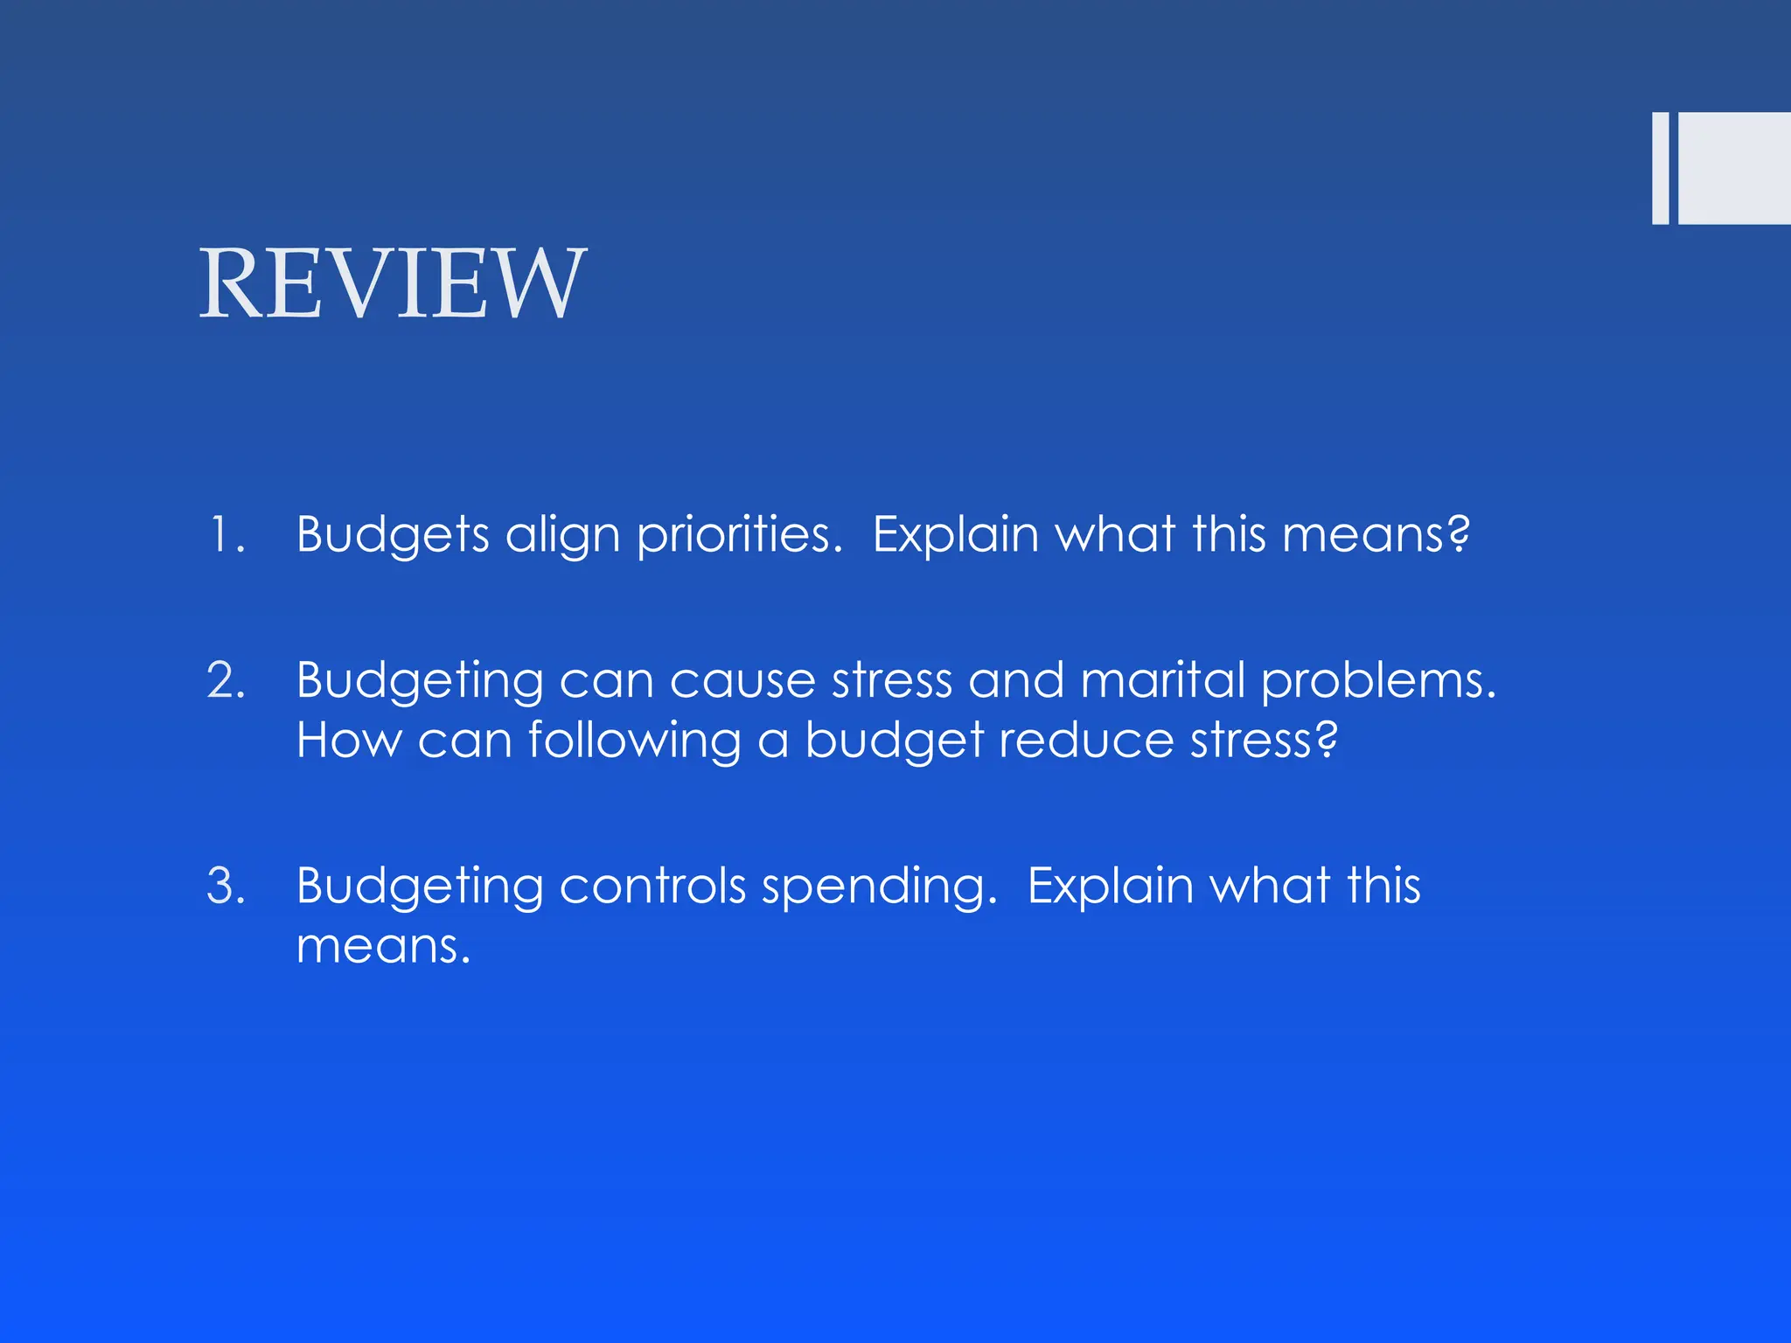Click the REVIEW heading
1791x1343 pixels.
(x=393, y=283)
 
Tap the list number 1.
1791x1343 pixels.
(x=226, y=534)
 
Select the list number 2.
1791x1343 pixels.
(x=226, y=680)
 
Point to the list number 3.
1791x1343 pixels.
(x=226, y=885)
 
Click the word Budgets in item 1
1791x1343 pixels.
(x=393, y=534)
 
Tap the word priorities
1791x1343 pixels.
(x=739, y=534)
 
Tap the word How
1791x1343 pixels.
(x=349, y=740)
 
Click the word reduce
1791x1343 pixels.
(x=1085, y=740)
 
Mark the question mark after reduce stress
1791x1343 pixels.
(x=1327, y=739)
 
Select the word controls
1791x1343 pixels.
(x=652, y=886)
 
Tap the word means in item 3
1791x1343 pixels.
(x=382, y=946)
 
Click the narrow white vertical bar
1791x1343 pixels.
(x=1660, y=168)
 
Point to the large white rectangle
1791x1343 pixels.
(x=1734, y=168)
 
